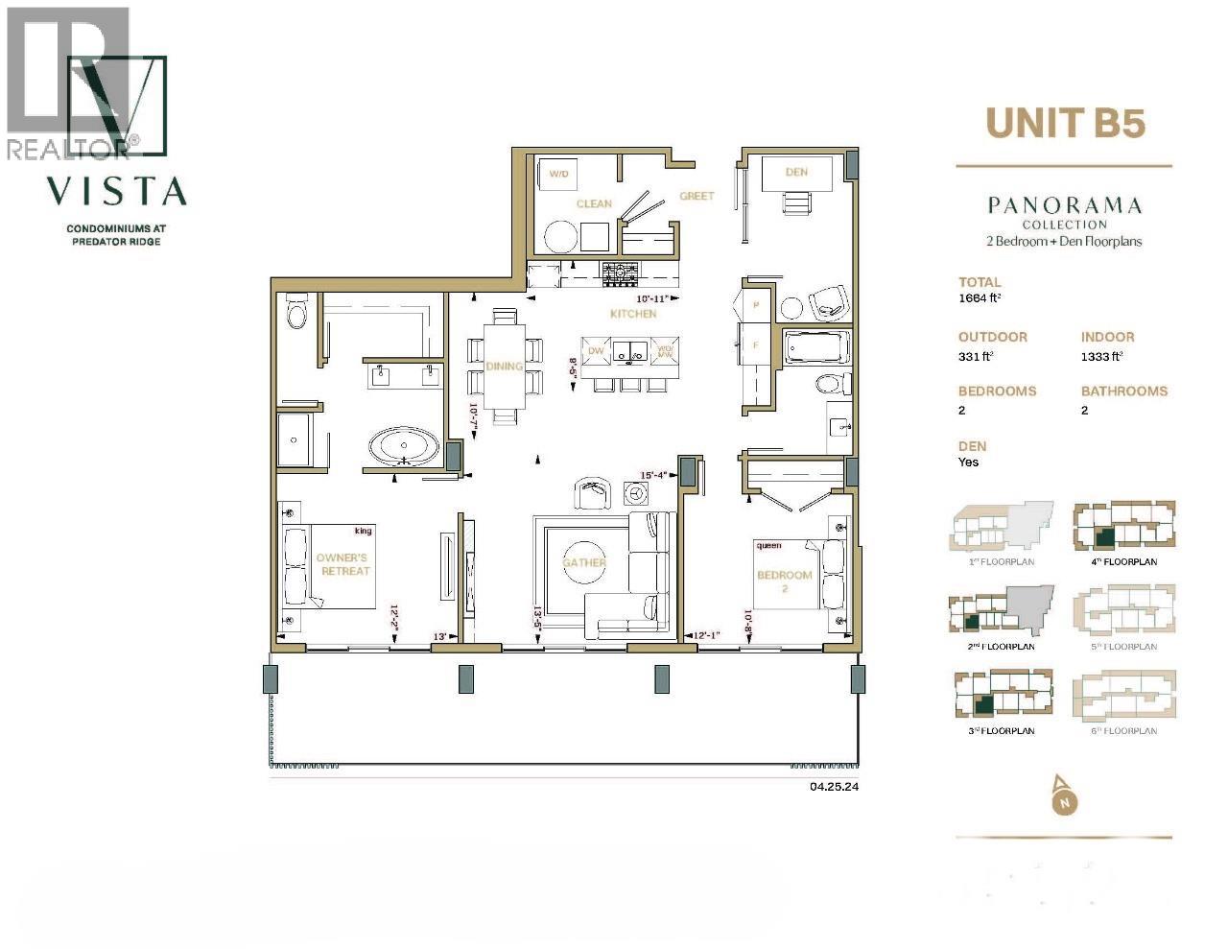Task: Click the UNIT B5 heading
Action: point(1066,124)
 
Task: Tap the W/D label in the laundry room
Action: point(556,175)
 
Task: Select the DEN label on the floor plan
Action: point(795,173)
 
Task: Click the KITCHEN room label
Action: point(633,314)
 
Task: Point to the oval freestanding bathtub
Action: point(404,447)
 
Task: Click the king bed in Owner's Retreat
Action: point(326,565)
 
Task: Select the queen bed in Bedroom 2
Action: point(799,574)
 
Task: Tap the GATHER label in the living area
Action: point(584,562)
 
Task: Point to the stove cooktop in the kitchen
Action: point(620,273)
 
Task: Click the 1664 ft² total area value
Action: point(978,298)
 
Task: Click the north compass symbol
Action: point(1063,795)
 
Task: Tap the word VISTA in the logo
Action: point(117,191)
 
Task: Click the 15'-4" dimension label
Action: point(654,474)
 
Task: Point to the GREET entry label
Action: point(697,196)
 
